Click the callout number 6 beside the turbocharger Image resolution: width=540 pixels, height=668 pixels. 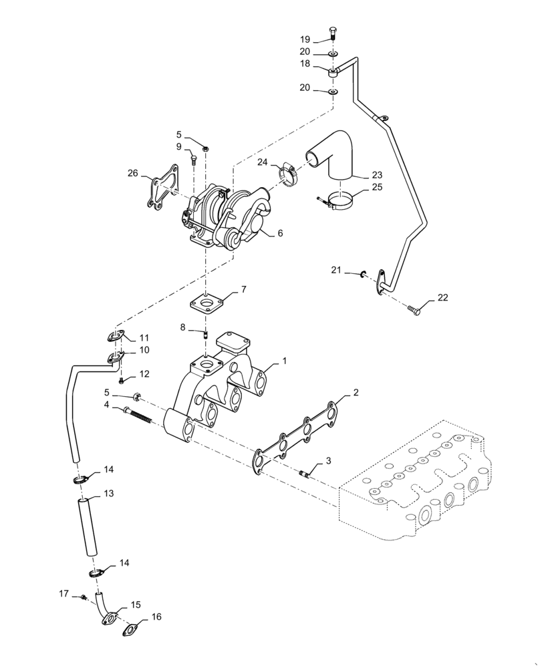click(x=280, y=233)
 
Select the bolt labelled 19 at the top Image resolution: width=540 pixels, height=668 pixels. click(x=333, y=34)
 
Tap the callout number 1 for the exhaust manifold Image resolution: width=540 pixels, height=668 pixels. click(x=284, y=360)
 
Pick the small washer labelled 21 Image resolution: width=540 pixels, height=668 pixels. click(x=364, y=273)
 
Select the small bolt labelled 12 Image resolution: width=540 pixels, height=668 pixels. click(x=122, y=381)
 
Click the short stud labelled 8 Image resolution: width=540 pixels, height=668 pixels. click(x=206, y=333)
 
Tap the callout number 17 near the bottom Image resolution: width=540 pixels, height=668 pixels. click(x=63, y=593)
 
